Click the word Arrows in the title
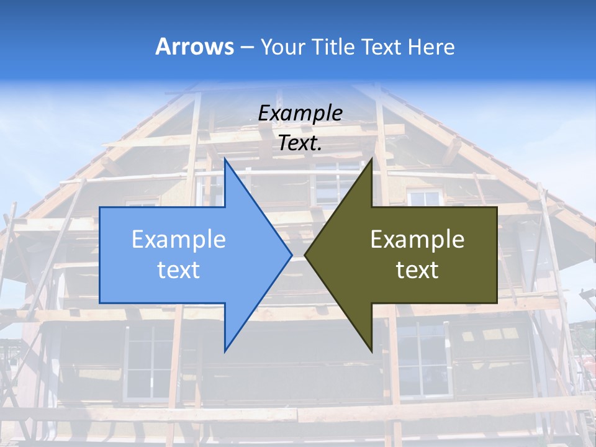pyautogui.click(x=195, y=47)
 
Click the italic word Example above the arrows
pyautogui.click(x=300, y=113)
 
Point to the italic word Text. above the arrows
pyautogui.click(x=300, y=143)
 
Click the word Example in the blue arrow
pyautogui.click(x=179, y=239)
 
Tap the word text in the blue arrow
pyautogui.click(x=179, y=269)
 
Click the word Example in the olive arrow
pyautogui.click(x=417, y=239)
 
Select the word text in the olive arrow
pyautogui.click(x=417, y=269)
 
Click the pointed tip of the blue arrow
pyautogui.click(x=292, y=255)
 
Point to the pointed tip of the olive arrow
pyautogui.click(x=305, y=255)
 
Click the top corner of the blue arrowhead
pyautogui.click(x=225, y=160)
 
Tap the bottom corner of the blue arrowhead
pyautogui.click(x=225, y=351)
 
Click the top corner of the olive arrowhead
pyautogui.click(x=371, y=160)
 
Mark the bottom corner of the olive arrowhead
pyautogui.click(x=371, y=351)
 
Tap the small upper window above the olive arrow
pyautogui.click(x=425, y=198)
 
